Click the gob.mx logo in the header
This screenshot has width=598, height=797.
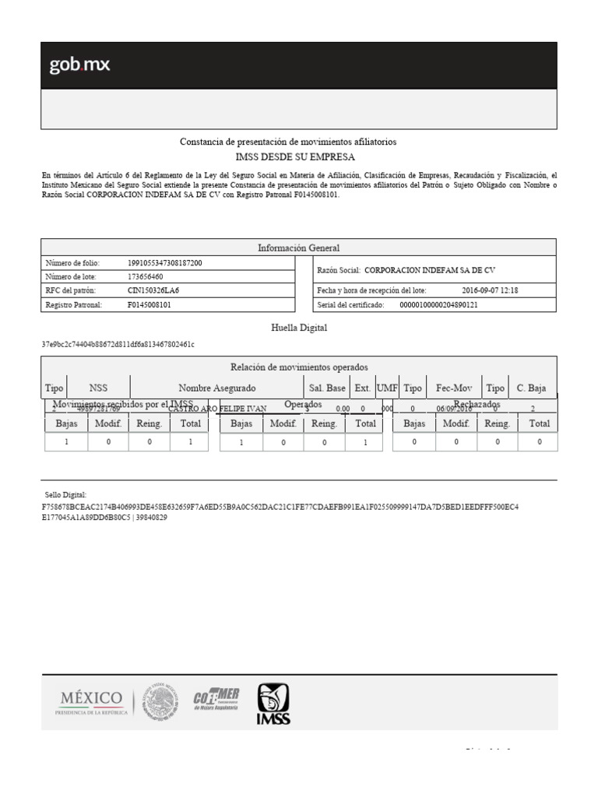pyautogui.click(x=79, y=65)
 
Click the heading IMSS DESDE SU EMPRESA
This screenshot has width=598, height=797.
pyautogui.click(x=299, y=156)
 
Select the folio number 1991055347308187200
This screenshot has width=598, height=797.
pyautogui.click(x=164, y=263)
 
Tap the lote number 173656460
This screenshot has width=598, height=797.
pyautogui.click(x=145, y=276)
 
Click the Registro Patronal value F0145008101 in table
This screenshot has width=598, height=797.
pyautogui.click(x=149, y=304)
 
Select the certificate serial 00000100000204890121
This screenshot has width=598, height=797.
pyautogui.click(x=438, y=305)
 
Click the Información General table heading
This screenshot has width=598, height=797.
pyautogui.click(x=299, y=248)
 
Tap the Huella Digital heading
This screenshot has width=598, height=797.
pyautogui.click(x=299, y=328)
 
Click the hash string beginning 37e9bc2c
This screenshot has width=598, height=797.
pyautogui.click(x=118, y=344)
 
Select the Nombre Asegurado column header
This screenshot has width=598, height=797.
pyautogui.click(x=216, y=388)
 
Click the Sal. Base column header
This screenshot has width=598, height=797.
pyautogui.click(x=327, y=388)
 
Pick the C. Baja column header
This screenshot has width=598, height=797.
pyautogui.click(x=531, y=388)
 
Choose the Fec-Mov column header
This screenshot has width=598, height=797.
pyautogui.click(x=454, y=388)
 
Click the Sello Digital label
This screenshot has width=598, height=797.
pyautogui.click(x=65, y=494)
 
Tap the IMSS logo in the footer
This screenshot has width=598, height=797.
pyautogui.click(x=273, y=703)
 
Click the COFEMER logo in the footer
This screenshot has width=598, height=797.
pyautogui.click(x=216, y=700)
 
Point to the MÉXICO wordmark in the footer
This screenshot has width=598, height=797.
pyautogui.click(x=90, y=697)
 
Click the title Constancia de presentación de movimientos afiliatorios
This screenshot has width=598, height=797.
pyautogui.click(x=288, y=142)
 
